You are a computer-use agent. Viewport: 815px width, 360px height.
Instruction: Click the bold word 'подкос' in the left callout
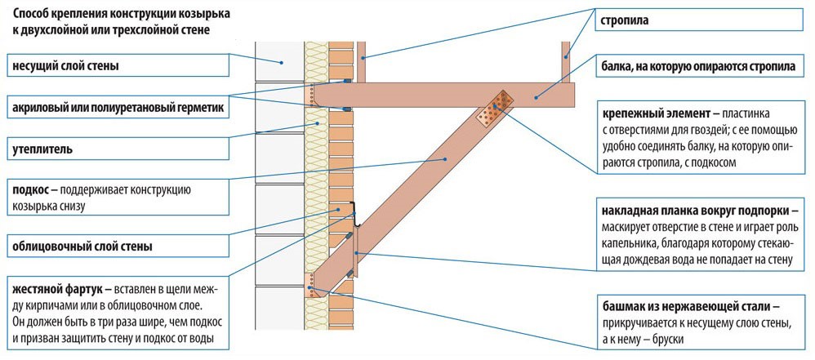click(30, 191)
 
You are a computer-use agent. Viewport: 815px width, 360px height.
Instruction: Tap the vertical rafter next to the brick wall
click(363, 61)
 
